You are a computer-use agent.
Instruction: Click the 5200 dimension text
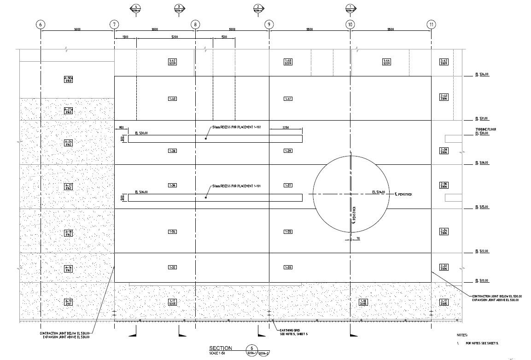(175, 36)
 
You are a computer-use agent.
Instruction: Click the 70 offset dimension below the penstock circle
(357, 238)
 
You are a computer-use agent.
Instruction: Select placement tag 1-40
(173, 99)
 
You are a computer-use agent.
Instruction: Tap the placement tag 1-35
(288, 232)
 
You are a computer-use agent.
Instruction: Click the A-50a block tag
(68, 79)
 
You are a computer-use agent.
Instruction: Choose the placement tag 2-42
(444, 62)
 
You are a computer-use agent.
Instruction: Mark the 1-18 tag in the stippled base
(363, 302)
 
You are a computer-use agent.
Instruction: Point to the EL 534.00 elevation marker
(482, 74)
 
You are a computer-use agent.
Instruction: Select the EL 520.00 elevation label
(482, 280)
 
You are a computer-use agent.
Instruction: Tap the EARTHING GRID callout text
(288, 331)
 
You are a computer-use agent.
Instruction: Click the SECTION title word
(221, 348)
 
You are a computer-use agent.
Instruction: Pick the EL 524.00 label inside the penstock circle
(378, 192)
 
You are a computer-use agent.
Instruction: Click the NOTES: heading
(462, 335)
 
